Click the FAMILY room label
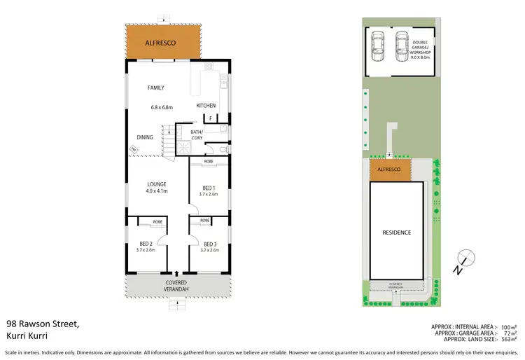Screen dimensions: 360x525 [155, 88]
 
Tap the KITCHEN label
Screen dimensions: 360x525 [206, 106]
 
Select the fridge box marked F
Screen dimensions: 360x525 [209, 118]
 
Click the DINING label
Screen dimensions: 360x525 [145, 137]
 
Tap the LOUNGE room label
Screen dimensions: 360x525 [156, 184]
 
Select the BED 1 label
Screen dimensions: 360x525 [209, 188]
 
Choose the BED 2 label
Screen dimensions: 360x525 [146, 244]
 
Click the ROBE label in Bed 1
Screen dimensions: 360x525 [209, 162]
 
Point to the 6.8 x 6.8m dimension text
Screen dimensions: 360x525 [162, 107]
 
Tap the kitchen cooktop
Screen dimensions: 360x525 [208, 69]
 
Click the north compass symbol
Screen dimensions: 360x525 [465, 258]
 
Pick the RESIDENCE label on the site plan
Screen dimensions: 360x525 [397, 232]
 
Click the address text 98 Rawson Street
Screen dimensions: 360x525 [42, 324]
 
